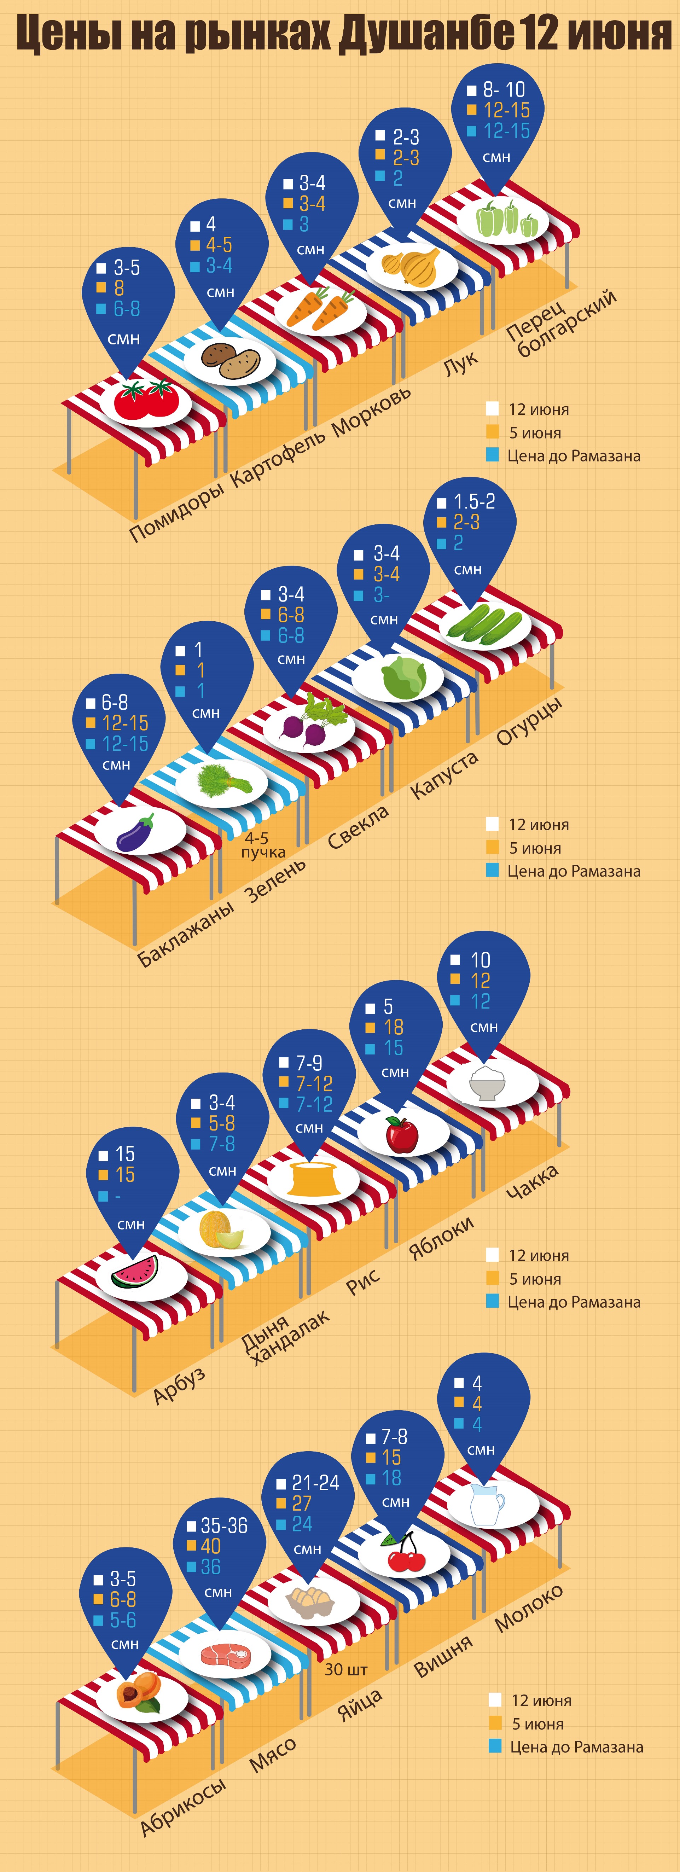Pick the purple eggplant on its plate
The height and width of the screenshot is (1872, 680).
tap(136, 832)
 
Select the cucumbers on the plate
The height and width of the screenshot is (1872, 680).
tap(484, 625)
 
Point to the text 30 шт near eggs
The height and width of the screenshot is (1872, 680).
tap(346, 1669)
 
